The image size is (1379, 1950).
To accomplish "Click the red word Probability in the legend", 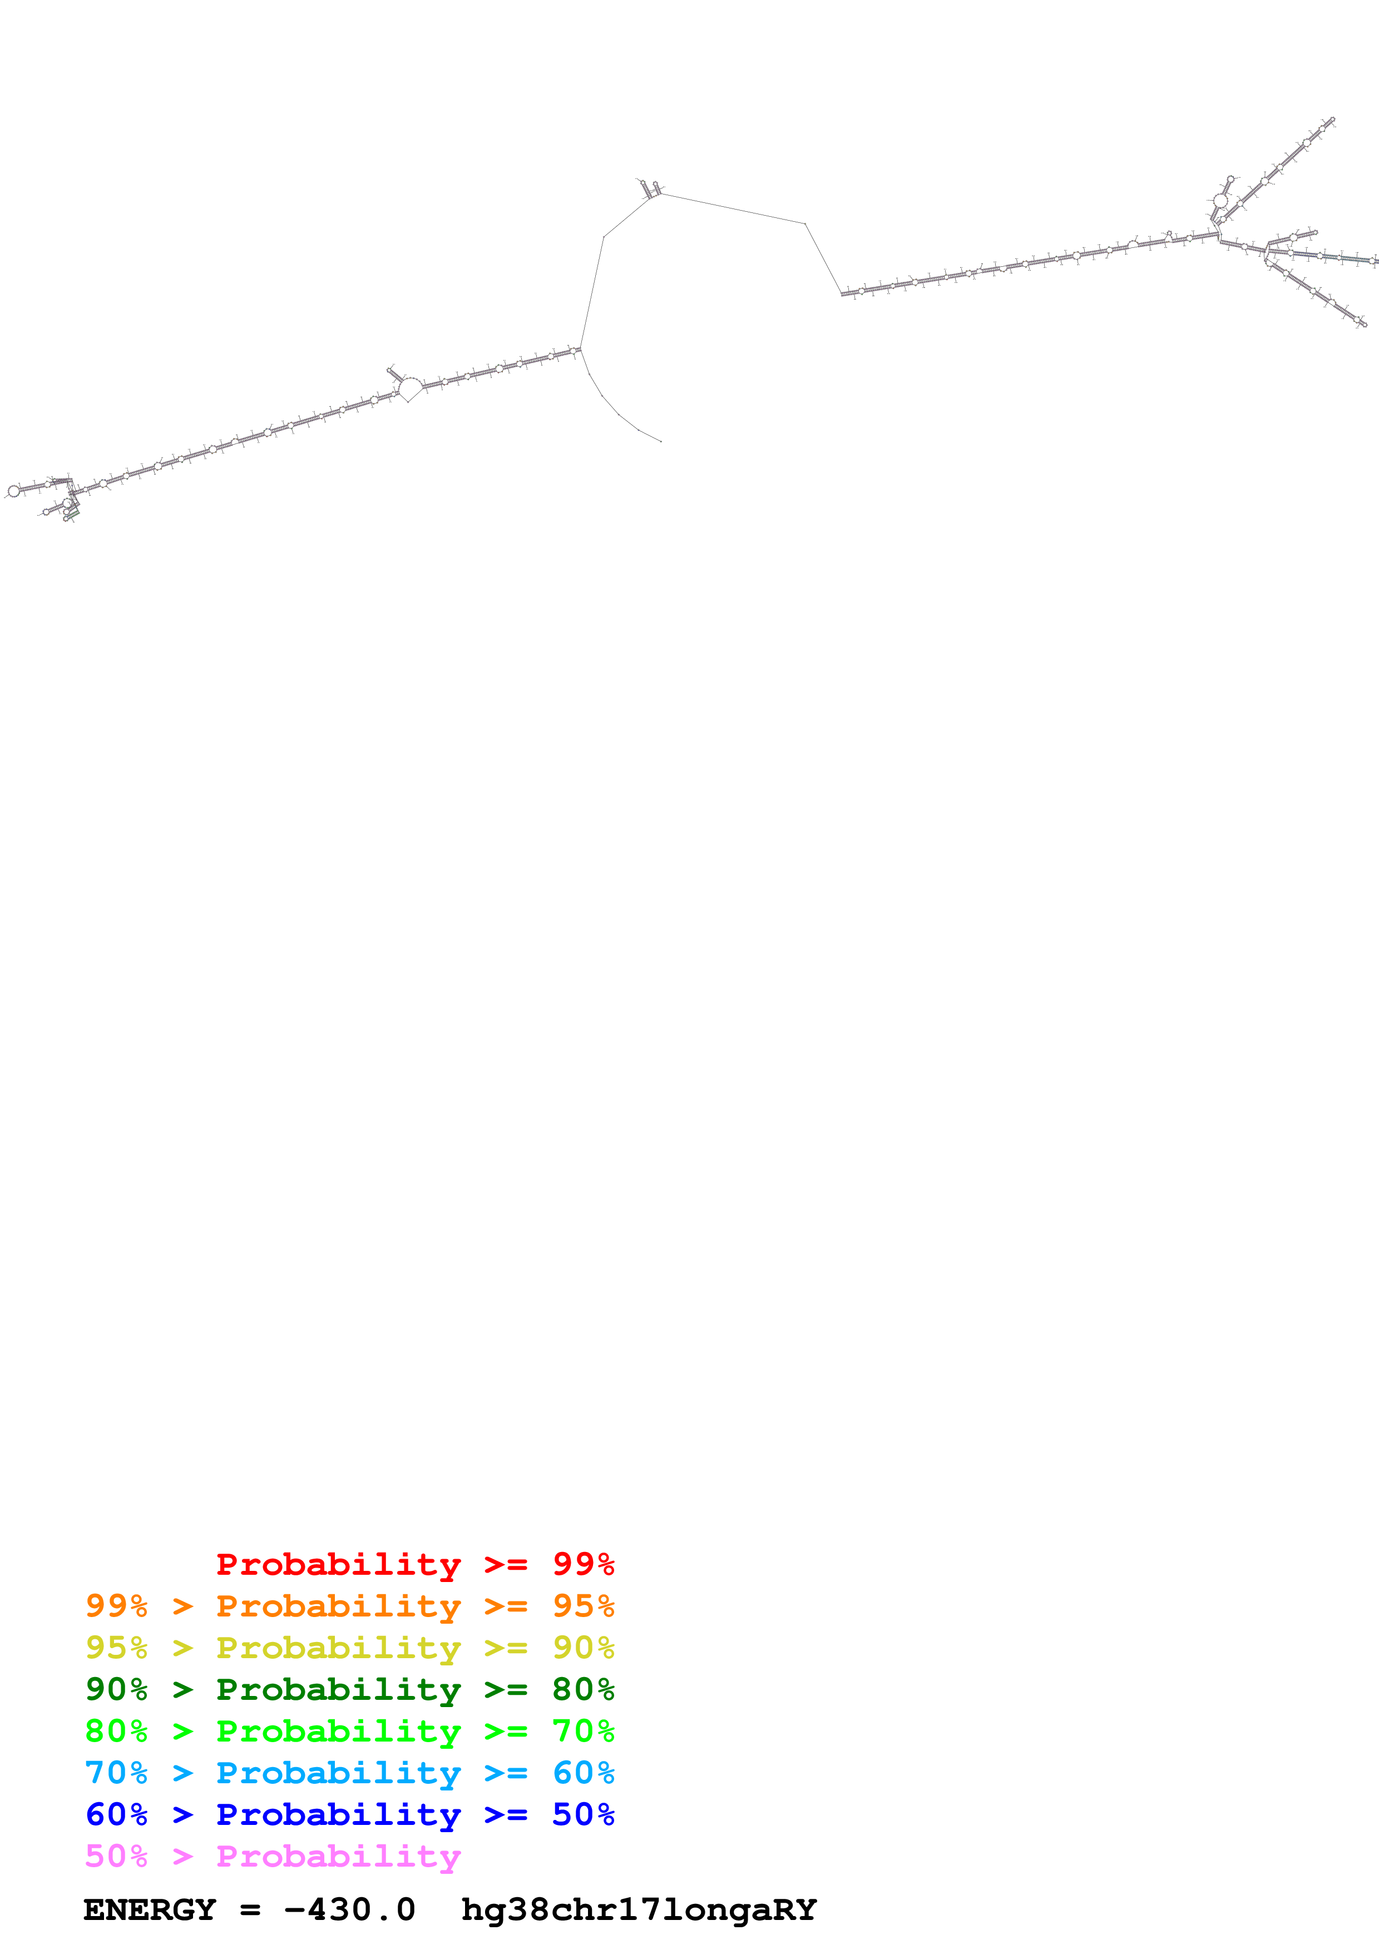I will [x=338, y=1564].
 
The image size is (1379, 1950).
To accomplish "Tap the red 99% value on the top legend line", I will [x=583, y=1564].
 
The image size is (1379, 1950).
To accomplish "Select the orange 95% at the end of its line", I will [x=583, y=1606].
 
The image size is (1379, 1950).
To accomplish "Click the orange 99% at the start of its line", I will [x=116, y=1606].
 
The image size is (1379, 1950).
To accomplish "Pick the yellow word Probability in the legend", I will [x=338, y=1648].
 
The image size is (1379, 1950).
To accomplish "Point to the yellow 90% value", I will [x=583, y=1648].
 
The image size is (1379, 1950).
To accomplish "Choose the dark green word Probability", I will [x=338, y=1689].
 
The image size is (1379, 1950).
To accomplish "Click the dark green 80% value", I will [x=583, y=1689].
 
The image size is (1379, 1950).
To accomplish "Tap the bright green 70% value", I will [x=583, y=1731].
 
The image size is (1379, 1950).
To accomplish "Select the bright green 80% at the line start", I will [x=116, y=1731].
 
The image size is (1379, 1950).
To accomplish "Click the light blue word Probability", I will [x=338, y=1773].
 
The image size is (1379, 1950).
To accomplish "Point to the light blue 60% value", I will [x=583, y=1773].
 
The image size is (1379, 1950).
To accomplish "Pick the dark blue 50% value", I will [x=583, y=1814].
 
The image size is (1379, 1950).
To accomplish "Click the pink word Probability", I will [x=338, y=1856].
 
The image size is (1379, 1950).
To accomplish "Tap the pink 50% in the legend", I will [x=116, y=1856].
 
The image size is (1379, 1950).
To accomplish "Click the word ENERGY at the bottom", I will [x=150, y=1909].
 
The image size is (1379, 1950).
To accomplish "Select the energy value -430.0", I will [x=349, y=1909].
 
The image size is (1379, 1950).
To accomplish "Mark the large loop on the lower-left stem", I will [x=411, y=388].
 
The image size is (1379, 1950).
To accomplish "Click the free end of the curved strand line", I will [x=661, y=441].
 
